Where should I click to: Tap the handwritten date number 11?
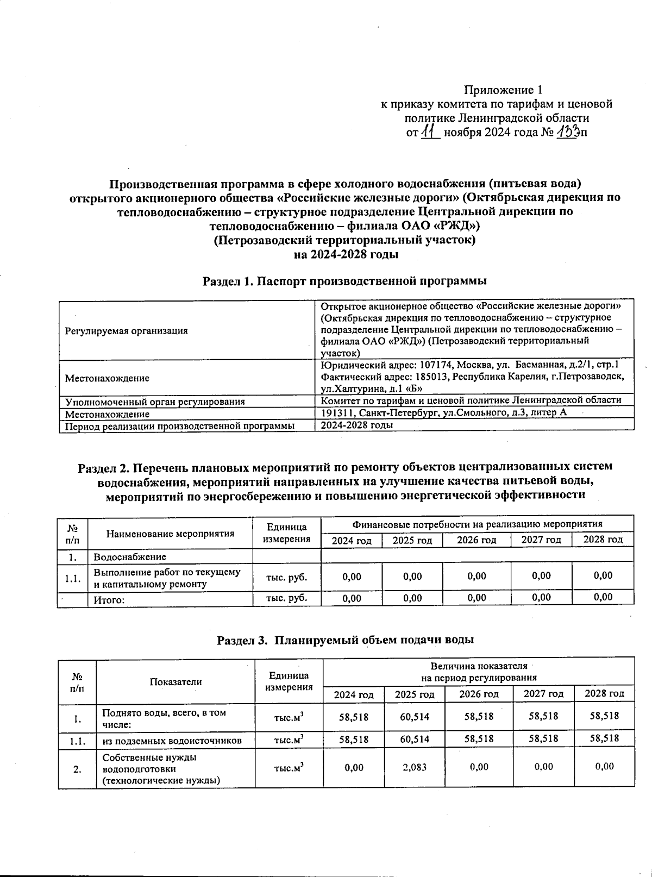point(430,132)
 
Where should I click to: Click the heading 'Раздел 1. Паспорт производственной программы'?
point(344,281)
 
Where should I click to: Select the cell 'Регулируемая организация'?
point(127,330)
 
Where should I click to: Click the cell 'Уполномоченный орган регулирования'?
point(155,402)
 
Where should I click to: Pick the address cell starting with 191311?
point(443,413)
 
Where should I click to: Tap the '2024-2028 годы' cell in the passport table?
point(357,425)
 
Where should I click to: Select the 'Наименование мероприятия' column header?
point(170,534)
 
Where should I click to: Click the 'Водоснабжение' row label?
point(130,557)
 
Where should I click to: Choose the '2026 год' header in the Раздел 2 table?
point(477,540)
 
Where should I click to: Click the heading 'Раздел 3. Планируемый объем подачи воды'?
point(346,640)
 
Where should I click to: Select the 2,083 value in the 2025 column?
point(414,767)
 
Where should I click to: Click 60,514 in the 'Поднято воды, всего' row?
point(414,717)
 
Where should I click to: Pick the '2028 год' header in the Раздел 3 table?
point(604,694)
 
